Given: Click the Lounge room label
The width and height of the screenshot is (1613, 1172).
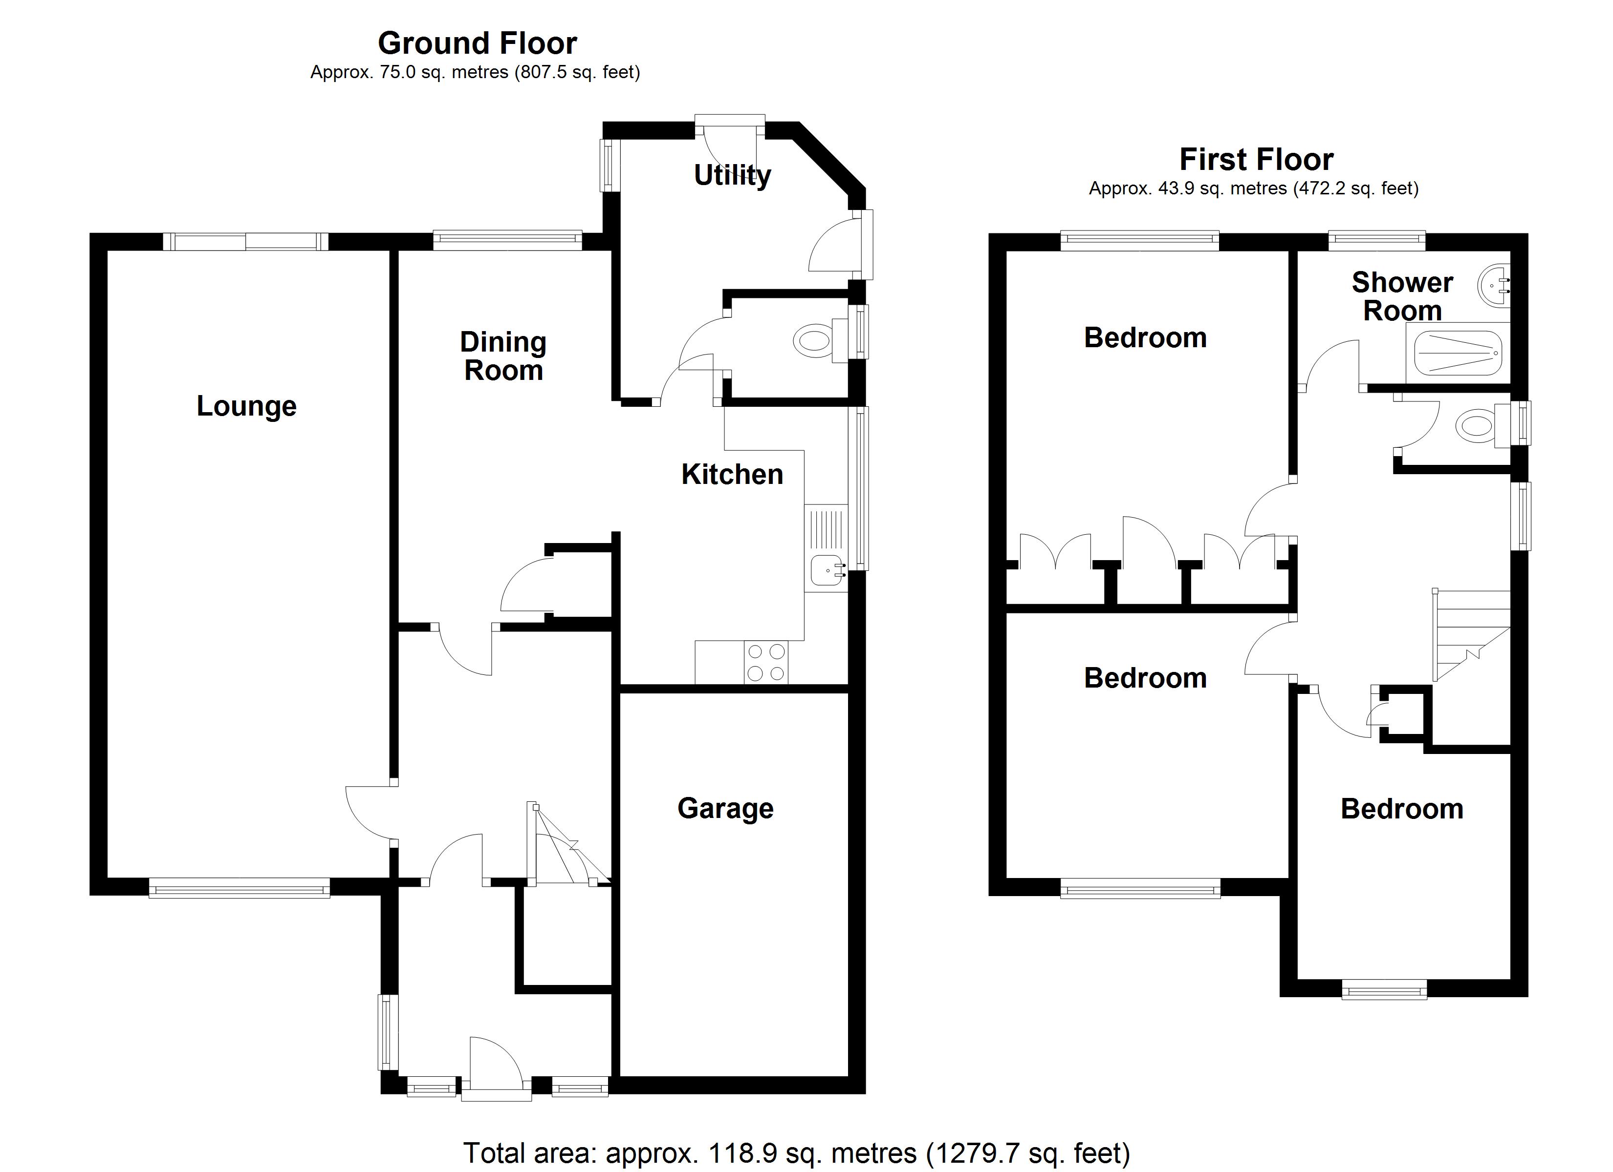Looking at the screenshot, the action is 246,407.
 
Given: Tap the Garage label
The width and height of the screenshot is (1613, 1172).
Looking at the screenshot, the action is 725,809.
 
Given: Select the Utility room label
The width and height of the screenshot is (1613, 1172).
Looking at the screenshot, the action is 733,175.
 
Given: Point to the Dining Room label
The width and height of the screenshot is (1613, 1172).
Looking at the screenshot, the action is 503,356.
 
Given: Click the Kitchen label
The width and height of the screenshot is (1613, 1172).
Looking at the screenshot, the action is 733,475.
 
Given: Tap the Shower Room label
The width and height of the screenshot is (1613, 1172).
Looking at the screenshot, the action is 1402,297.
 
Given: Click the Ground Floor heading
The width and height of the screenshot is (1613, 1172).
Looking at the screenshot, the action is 477,43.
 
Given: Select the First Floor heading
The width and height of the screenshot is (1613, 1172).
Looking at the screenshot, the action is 1257,159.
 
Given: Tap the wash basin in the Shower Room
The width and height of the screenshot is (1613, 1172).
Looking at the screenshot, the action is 1494,287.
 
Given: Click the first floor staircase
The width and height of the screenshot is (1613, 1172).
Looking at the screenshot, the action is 1471,635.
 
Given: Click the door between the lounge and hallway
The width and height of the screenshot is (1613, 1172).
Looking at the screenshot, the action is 371,813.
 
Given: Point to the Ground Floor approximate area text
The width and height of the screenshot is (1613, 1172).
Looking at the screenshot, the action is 475,72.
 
